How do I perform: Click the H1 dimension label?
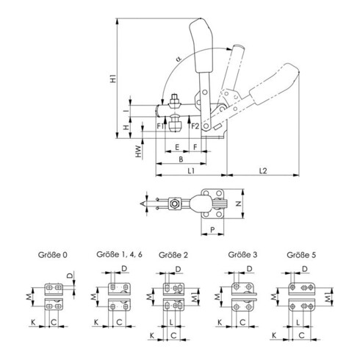pos(113,78)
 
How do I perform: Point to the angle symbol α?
pos(179,59)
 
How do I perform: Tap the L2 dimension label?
pos(263,170)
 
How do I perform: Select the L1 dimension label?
pos(191,170)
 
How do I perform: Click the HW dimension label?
pos(139,151)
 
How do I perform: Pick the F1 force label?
pos(160,126)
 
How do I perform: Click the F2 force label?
pos(195,126)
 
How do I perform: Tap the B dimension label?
pos(181,159)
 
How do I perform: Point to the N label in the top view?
pos(238,204)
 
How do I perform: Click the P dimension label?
pos(212,230)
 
